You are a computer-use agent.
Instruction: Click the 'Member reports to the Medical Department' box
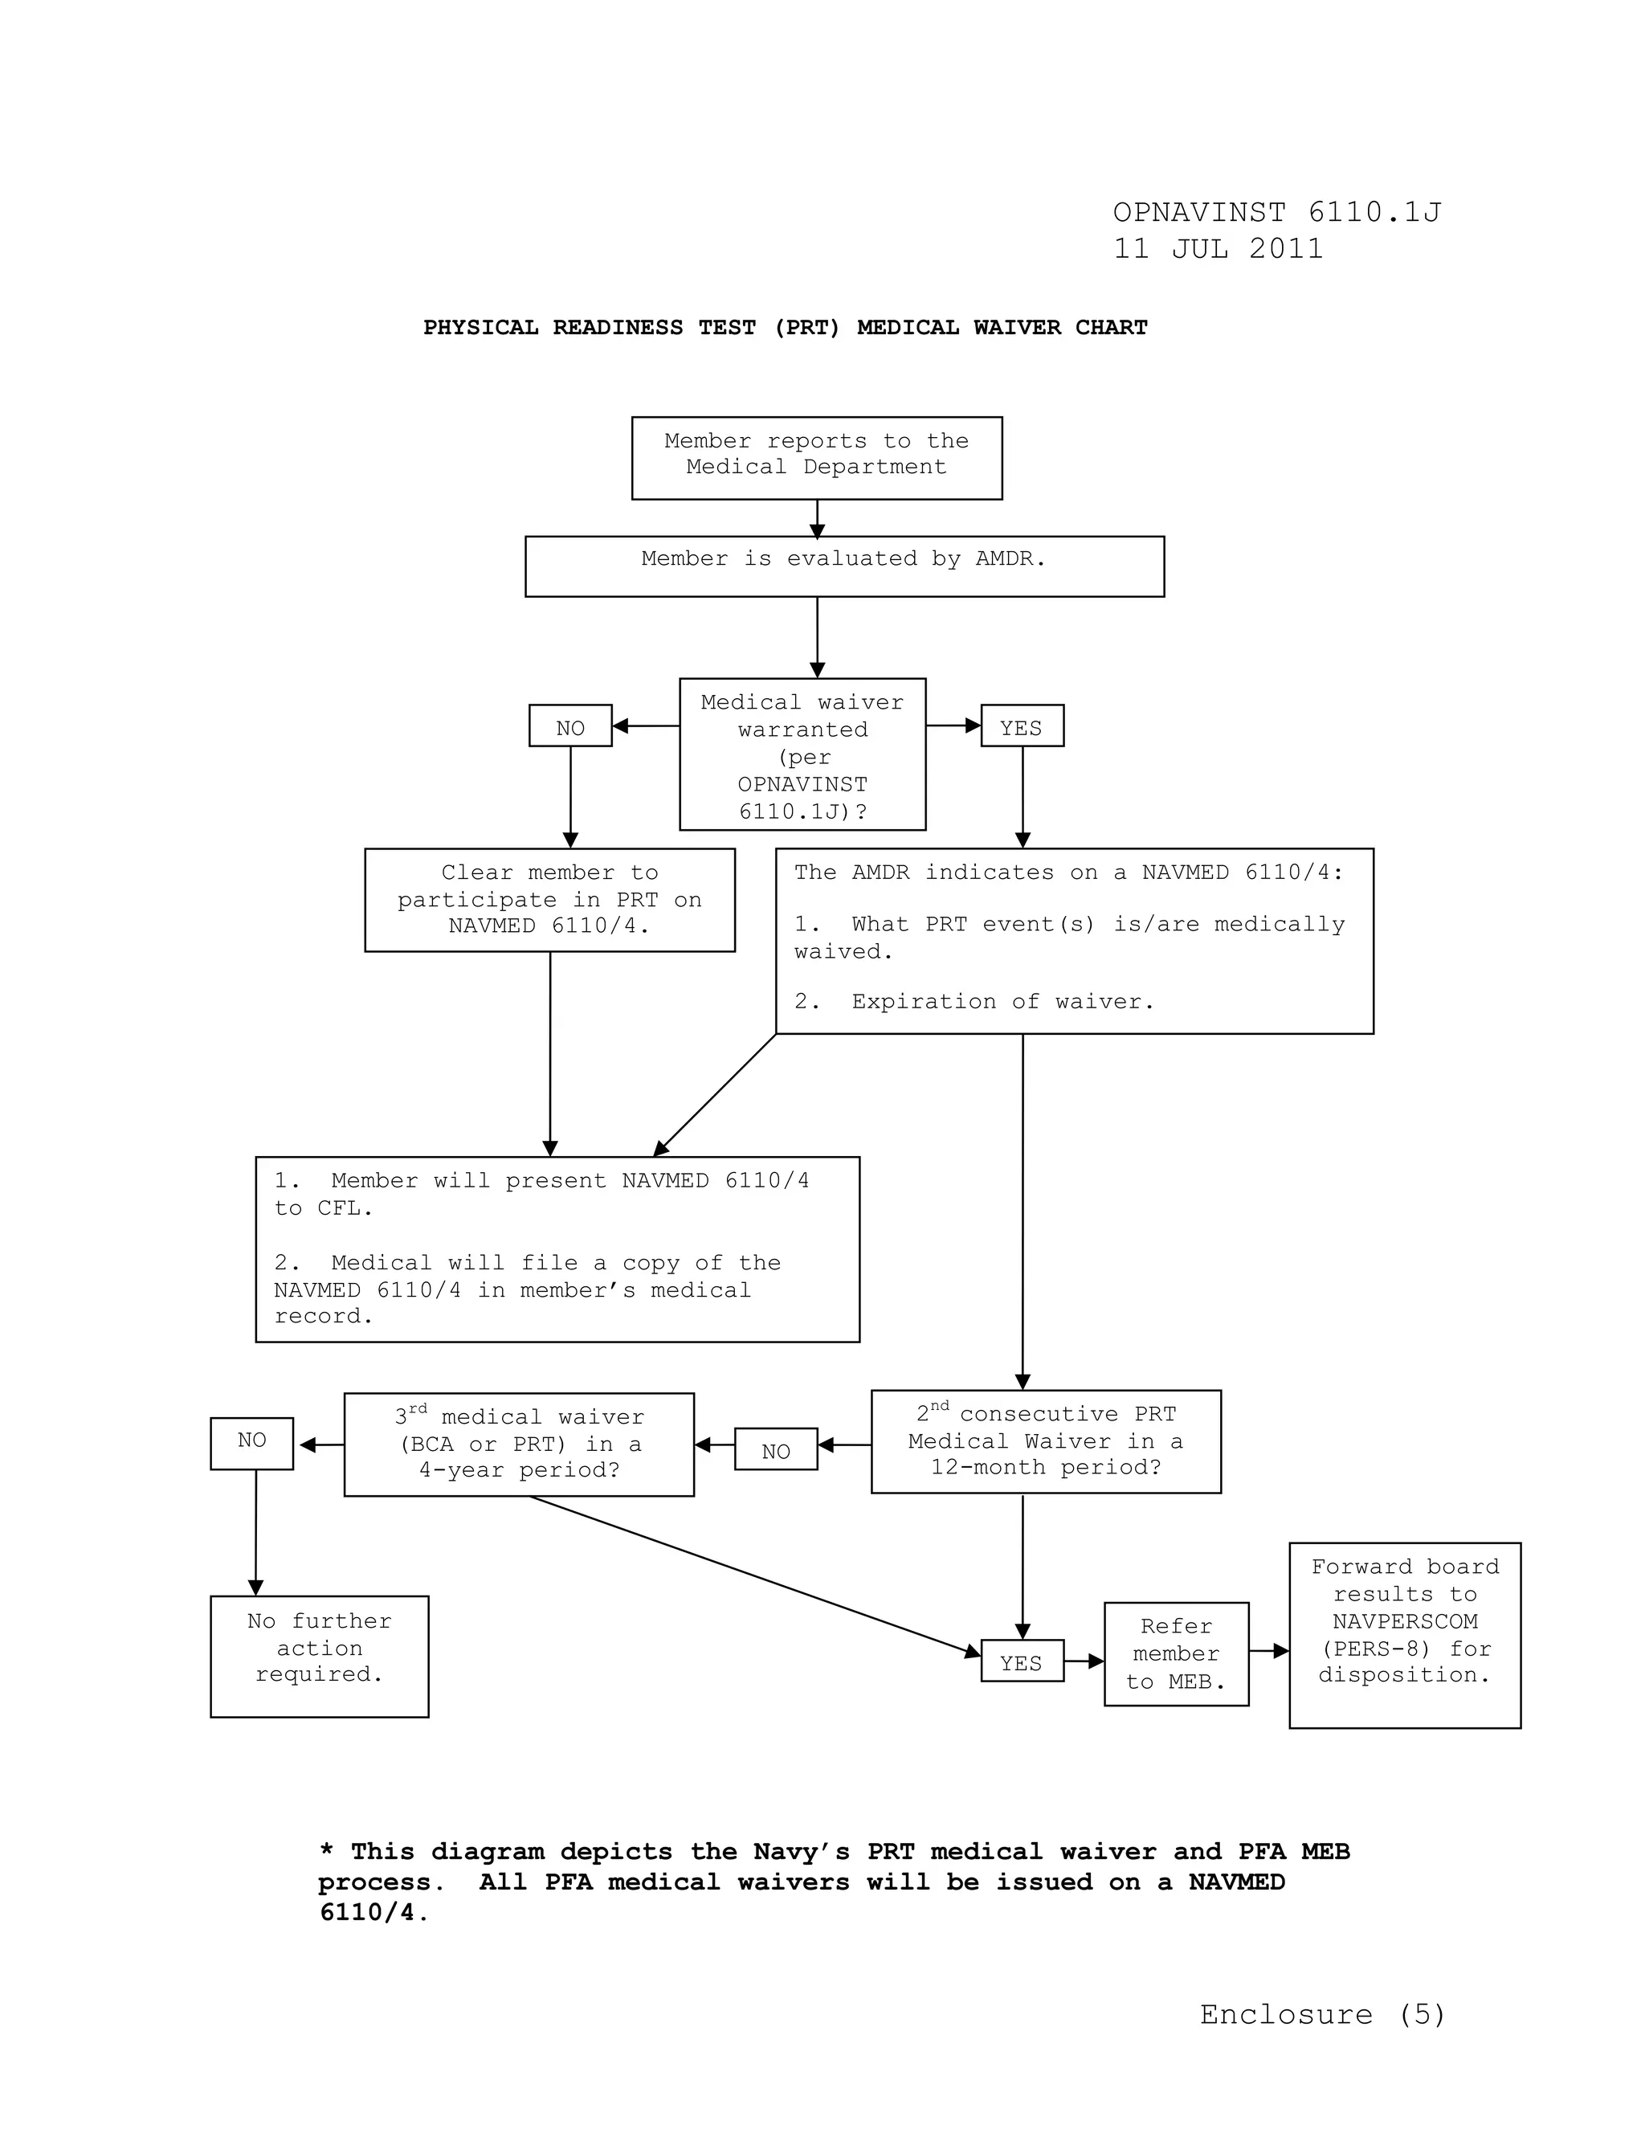pyautogui.click(x=817, y=458)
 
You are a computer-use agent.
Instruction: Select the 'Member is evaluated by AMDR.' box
pyautogui.click(x=844, y=566)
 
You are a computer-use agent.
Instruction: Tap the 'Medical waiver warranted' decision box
pyautogui.click(x=802, y=754)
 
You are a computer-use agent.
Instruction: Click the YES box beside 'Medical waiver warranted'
pyautogui.click(x=1022, y=726)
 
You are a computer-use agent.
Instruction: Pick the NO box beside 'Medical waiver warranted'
pyautogui.click(x=570, y=726)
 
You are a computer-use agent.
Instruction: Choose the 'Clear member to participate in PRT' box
pyautogui.click(x=549, y=900)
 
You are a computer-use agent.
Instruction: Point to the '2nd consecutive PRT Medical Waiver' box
pyautogui.click(x=1046, y=1442)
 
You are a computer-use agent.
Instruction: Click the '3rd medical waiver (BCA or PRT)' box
pyautogui.click(x=518, y=1444)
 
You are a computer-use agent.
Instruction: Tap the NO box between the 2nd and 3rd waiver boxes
pyautogui.click(x=776, y=1449)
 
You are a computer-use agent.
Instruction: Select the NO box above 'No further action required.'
pyautogui.click(x=251, y=1443)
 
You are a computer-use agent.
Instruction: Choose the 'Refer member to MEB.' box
pyautogui.click(x=1176, y=1653)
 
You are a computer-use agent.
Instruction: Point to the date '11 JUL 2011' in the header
pyautogui.click(x=1218, y=248)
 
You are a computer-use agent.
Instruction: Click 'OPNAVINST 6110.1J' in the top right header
pyautogui.click(x=1276, y=213)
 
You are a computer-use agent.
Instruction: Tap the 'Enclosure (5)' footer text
pyautogui.click(x=1322, y=2015)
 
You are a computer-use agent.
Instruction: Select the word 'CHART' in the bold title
pyautogui.click(x=1111, y=328)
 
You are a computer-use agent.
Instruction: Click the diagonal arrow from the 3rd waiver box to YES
pyautogui.click(x=755, y=1575)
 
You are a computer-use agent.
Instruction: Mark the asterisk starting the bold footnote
pyautogui.click(x=328, y=1850)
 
